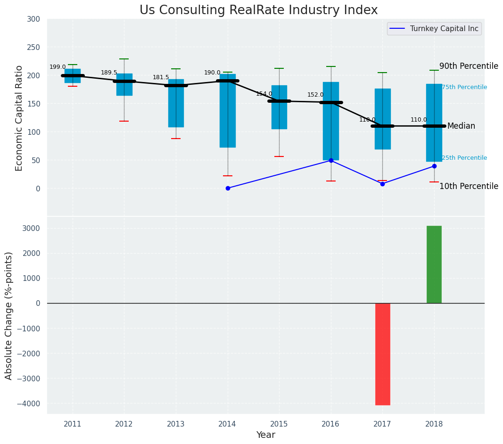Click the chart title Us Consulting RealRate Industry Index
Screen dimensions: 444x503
coord(258,10)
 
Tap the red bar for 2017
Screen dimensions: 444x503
coord(382,354)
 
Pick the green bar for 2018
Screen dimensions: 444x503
coord(434,264)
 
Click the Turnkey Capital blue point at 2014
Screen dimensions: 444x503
coord(228,188)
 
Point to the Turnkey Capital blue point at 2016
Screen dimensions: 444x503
coord(331,160)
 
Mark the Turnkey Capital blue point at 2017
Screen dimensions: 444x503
coord(382,184)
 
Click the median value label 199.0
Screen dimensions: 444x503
coord(58,67)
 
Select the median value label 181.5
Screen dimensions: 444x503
coord(161,77)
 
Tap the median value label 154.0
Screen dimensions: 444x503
coord(264,94)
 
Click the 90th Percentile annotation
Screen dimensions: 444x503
coord(469,66)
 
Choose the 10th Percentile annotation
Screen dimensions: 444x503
coord(469,186)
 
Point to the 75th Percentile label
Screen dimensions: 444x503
coord(464,87)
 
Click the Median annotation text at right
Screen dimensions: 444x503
coord(461,126)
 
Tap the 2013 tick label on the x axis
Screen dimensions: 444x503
coord(176,424)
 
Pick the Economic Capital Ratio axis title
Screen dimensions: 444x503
coord(19,118)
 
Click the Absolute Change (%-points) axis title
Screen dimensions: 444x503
coord(9,315)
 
